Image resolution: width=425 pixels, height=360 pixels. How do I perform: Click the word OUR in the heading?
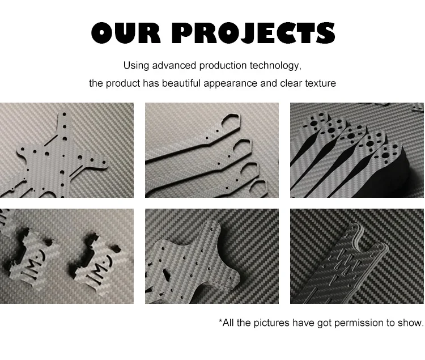pyautogui.click(x=126, y=33)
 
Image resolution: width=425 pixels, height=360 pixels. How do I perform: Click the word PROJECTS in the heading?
pyautogui.click(x=254, y=33)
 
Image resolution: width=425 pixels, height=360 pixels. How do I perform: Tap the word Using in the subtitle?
pyautogui.click(x=136, y=66)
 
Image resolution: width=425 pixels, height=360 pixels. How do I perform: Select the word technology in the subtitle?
pyautogui.click(x=275, y=66)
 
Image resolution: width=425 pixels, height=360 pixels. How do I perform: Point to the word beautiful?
pyautogui.click(x=181, y=83)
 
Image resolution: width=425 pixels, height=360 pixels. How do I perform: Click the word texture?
pyautogui.click(x=320, y=83)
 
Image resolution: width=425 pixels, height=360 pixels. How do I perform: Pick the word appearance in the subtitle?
pyautogui.click(x=231, y=84)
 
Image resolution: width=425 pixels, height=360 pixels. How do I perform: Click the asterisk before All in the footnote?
pyautogui.click(x=220, y=321)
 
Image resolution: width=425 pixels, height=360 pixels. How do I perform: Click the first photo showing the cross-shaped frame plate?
pyautogui.click(x=67, y=150)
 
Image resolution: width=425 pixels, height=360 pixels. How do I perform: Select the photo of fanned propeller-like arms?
pyautogui.click(x=357, y=150)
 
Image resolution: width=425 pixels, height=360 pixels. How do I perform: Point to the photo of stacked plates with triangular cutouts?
pyautogui.click(x=357, y=256)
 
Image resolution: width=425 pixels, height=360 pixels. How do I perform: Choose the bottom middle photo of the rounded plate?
pyautogui.click(x=212, y=256)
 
